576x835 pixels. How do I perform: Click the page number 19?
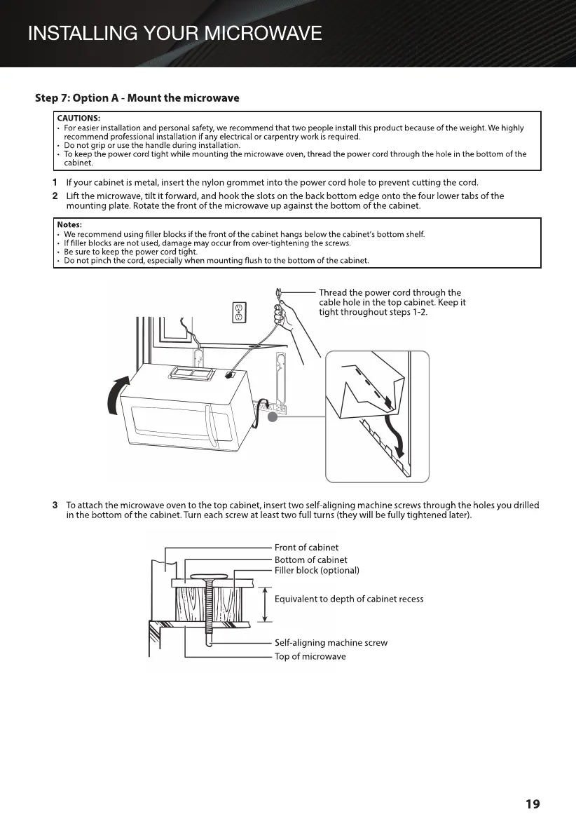(x=533, y=803)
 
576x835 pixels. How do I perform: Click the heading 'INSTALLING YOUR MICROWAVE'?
(x=175, y=33)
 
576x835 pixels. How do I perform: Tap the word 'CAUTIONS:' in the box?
(x=78, y=118)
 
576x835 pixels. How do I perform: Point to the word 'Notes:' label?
(x=71, y=224)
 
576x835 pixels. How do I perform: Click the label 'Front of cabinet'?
(x=306, y=548)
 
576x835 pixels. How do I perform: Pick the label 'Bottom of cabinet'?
(x=310, y=559)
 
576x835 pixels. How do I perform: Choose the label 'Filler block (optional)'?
(x=317, y=571)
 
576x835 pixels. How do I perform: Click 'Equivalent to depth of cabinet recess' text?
(x=349, y=599)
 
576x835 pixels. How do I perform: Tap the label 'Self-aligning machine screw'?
(x=331, y=643)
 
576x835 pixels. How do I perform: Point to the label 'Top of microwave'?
(x=310, y=656)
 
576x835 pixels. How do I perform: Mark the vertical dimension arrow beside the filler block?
(x=265, y=604)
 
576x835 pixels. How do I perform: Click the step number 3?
(x=55, y=505)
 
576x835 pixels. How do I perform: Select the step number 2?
(x=55, y=196)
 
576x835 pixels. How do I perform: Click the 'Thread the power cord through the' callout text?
(x=390, y=292)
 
